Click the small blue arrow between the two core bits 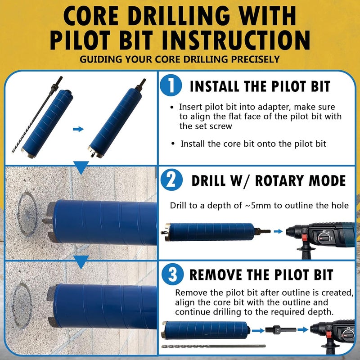pyautogui.click(x=78, y=129)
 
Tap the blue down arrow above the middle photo pyautogui.click(x=81, y=169)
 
